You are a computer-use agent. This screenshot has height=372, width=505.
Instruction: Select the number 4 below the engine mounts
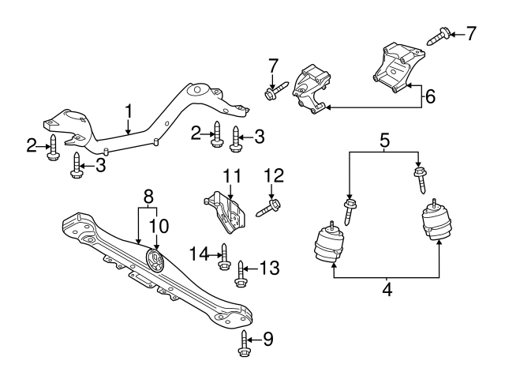click(386, 290)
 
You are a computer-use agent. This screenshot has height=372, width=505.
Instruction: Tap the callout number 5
click(383, 142)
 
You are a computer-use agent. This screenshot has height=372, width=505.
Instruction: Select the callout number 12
click(273, 175)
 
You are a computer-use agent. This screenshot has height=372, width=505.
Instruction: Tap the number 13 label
click(270, 269)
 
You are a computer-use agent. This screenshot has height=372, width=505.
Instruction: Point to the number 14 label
click(201, 253)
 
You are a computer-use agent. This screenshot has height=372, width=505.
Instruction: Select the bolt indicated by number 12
click(269, 208)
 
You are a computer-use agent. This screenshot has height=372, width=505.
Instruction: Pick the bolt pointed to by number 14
click(223, 256)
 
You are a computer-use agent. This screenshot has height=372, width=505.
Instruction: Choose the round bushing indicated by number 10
click(156, 261)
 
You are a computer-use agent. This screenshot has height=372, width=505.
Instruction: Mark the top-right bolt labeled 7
click(440, 34)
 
